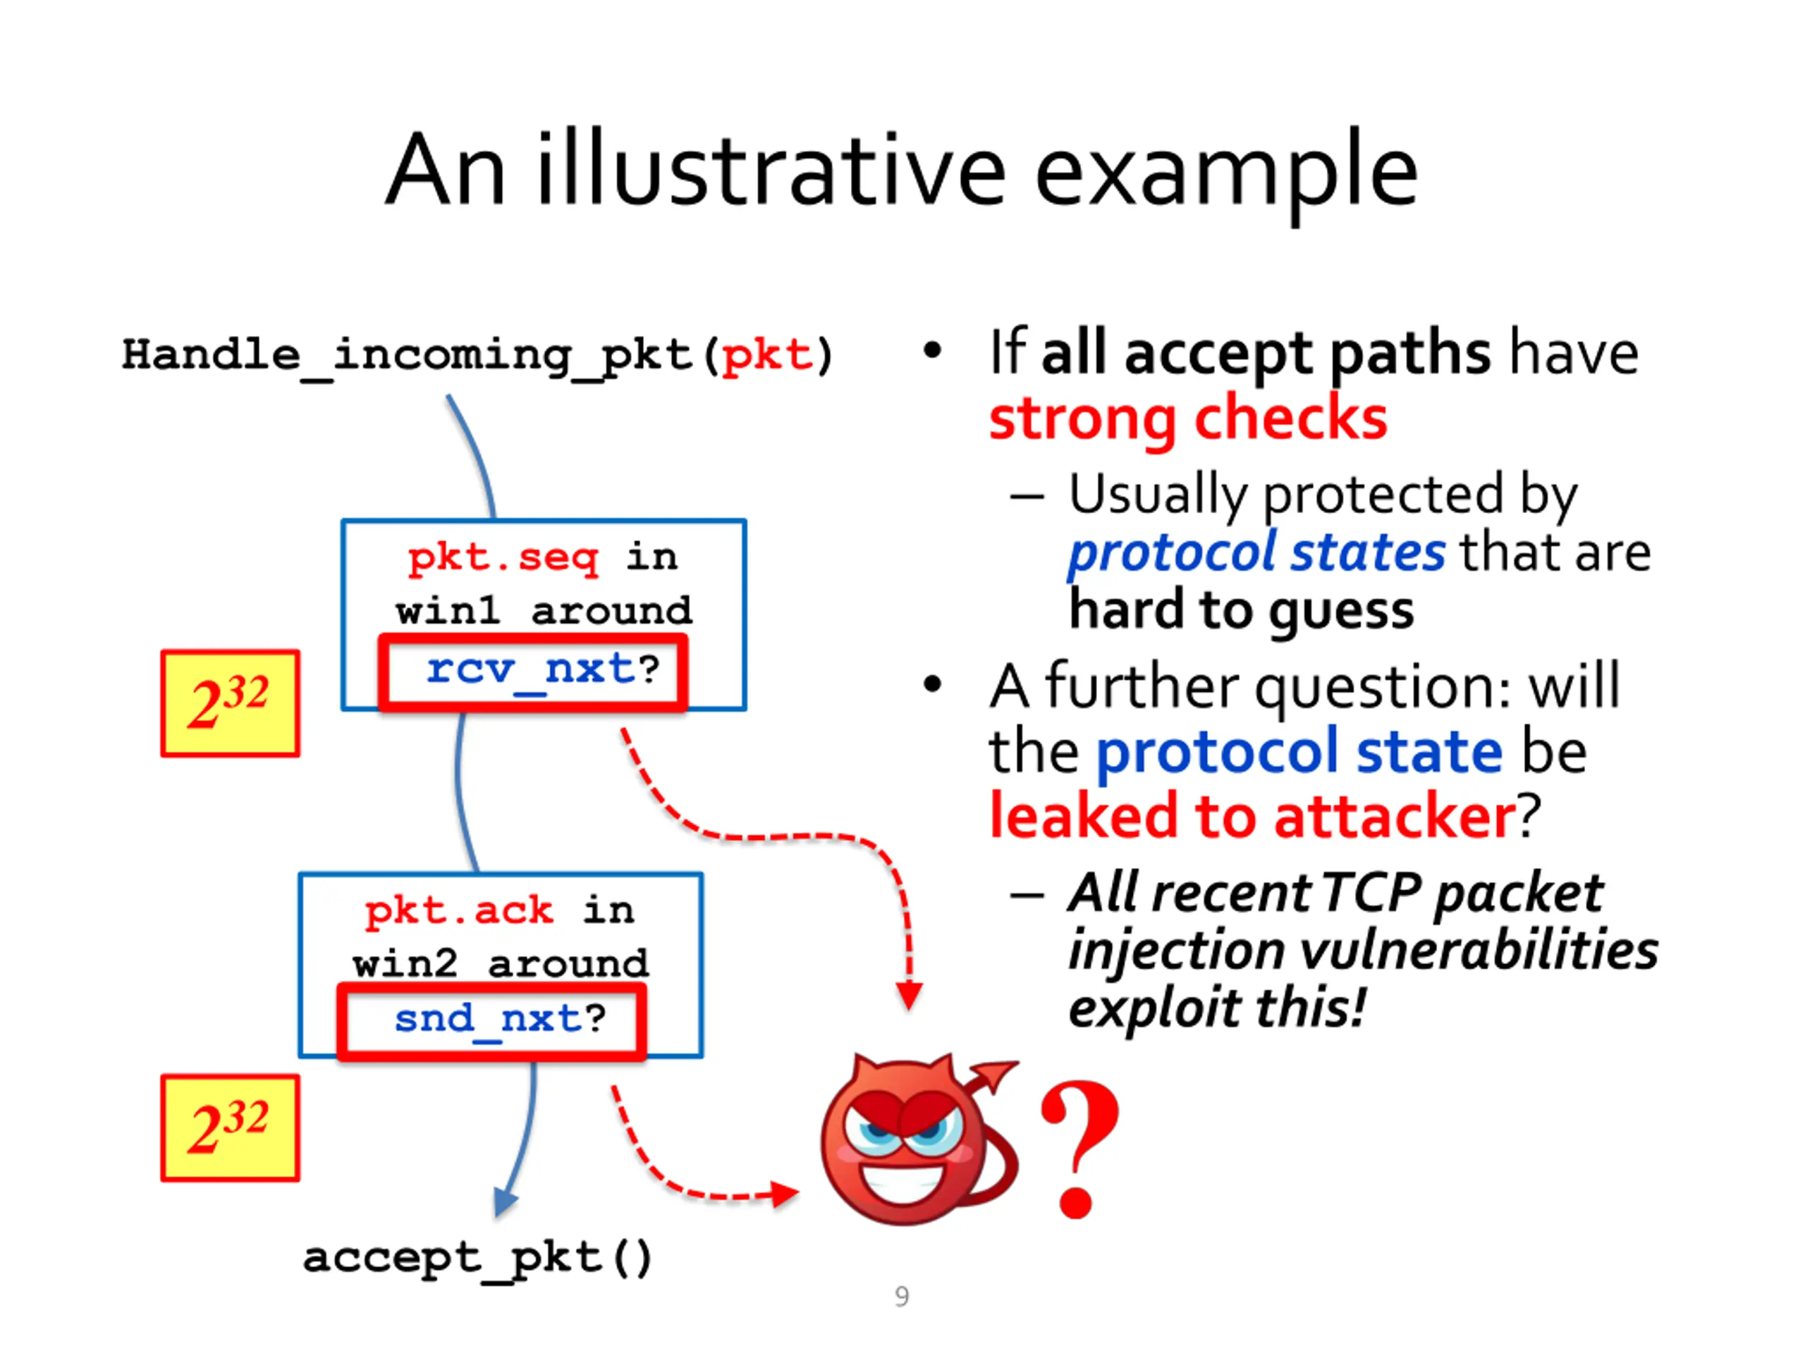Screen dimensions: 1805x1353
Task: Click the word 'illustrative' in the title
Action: click(x=771, y=170)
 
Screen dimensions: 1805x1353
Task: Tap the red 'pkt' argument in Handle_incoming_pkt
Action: click(x=767, y=356)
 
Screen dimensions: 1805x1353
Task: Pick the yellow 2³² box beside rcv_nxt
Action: click(x=231, y=703)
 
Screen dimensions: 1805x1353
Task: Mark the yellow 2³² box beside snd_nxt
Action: click(x=231, y=1128)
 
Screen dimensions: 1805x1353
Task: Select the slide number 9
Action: click(x=902, y=1297)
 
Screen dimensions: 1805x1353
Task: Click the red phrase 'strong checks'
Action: click(x=1188, y=419)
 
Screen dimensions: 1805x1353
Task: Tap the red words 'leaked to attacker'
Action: click(x=1252, y=815)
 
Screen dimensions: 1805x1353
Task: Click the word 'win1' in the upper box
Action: click(x=448, y=612)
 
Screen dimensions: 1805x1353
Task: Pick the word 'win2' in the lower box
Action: click(x=405, y=965)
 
